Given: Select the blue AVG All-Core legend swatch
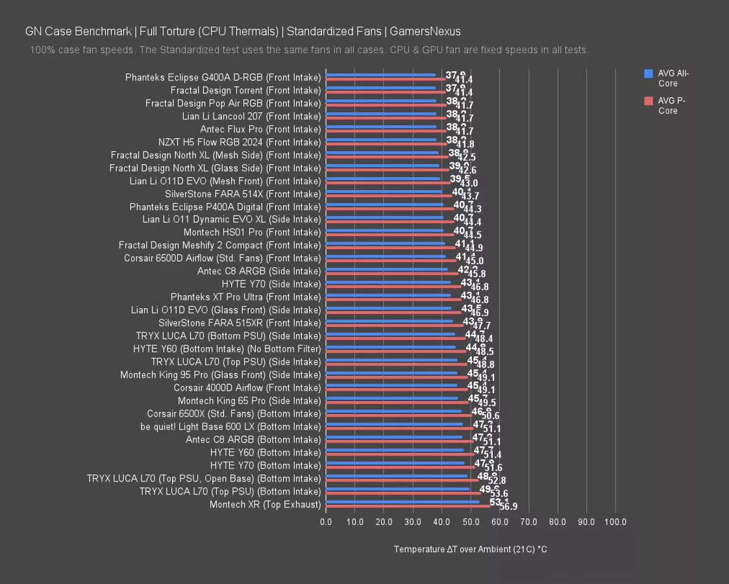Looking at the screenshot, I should pos(648,73).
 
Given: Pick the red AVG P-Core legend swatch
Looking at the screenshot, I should pos(648,101).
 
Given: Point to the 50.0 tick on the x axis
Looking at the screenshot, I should pos(471,521).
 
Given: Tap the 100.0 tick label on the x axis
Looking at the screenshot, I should pos(615,521).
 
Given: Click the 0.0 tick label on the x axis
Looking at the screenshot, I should pos(326,521).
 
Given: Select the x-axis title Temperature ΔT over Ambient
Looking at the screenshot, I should pos(470,550).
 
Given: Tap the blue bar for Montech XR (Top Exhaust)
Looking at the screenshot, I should pos(402,502).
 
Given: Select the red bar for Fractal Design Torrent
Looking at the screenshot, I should pos(386,93).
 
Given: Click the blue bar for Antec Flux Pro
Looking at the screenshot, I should pos(381,127).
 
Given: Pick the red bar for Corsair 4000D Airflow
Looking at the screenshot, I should pos(397,390).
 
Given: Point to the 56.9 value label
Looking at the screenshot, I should pos(508,507).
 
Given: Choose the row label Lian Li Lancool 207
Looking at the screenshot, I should pos(251,116).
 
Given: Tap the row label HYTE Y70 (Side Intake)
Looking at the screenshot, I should pos(271,284).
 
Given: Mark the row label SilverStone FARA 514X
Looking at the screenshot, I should pos(243,194).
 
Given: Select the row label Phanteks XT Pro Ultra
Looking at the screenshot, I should pos(245,297).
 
